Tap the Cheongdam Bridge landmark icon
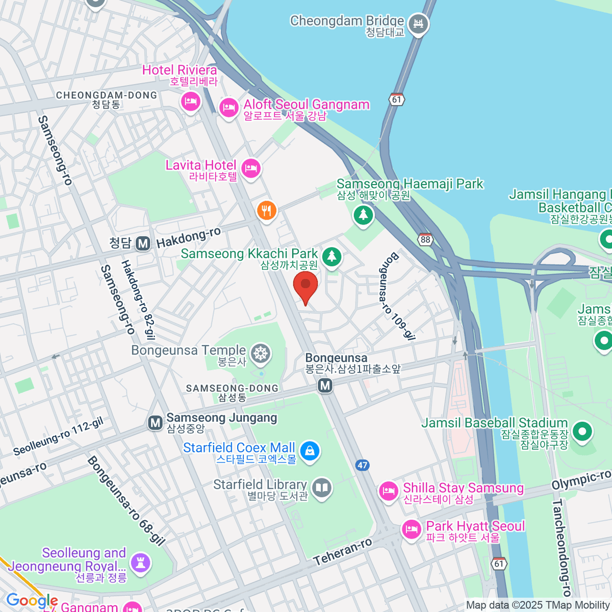coord(419,23)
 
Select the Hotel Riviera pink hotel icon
coord(191,101)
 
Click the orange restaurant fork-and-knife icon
coord(266,210)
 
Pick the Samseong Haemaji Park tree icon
coord(363,215)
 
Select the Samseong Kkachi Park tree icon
coord(332,256)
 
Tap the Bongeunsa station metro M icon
coord(325,386)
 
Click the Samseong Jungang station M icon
coord(155,422)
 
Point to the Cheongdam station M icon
coord(143,243)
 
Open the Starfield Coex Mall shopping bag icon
coord(309,451)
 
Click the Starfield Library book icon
coord(321,488)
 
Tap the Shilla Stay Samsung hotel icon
coord(388,491)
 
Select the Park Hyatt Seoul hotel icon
coord(411,529)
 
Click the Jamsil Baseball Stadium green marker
coord(582,431)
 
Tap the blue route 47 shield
coord(363,465)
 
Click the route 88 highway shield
coord(425,239)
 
